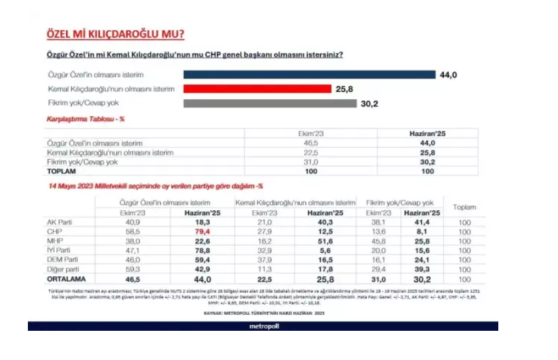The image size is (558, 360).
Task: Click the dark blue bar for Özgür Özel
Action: tap(309, 75)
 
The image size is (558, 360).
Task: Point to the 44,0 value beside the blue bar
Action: tap(449, 75)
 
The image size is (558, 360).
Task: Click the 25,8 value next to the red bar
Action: tap(344, 90)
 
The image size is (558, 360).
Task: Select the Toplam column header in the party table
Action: tap(465, 208)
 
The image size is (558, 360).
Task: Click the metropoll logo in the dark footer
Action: tap(263, 326)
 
